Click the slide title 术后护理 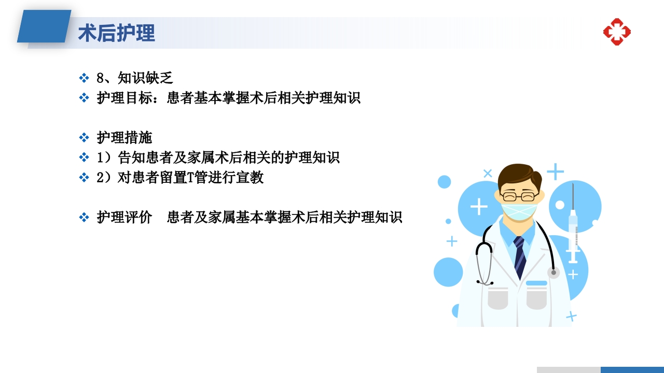(117, 33)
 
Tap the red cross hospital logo (617, 32)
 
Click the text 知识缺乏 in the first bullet (145, 78)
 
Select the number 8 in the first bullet (101, 78)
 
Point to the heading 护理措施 (124, 138)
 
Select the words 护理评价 (124, 218)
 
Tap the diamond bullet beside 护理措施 (84, 138)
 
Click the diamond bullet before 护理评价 (84, 218)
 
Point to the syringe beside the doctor (573, 228)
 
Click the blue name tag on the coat (536, 283)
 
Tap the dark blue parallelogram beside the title (45, 26)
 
